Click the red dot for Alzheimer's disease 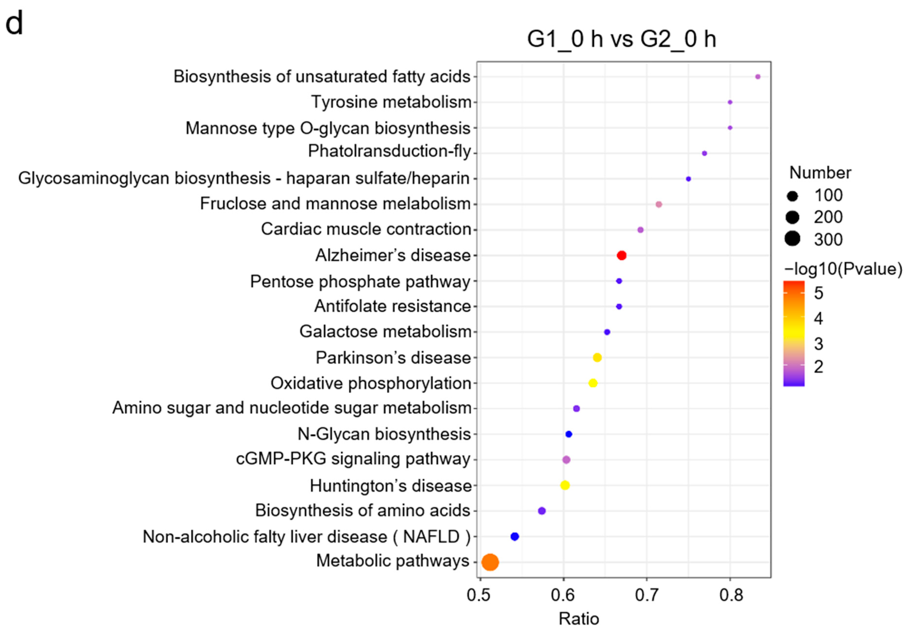[621, 255]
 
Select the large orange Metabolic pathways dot [490, 562]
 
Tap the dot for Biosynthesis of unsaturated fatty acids [758, 77]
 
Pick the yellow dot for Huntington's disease [565, 485]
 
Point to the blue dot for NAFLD [515, 537]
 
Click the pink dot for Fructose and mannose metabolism [659, 204]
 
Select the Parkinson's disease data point [597, 357]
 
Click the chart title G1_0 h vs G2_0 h [621, 39]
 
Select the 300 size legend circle [792, 239]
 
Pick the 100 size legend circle [792, 196]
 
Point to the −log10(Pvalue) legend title [843, 269]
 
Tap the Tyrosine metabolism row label [391, 102]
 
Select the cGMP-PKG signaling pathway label [353, 459]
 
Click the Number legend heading [820, 173]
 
